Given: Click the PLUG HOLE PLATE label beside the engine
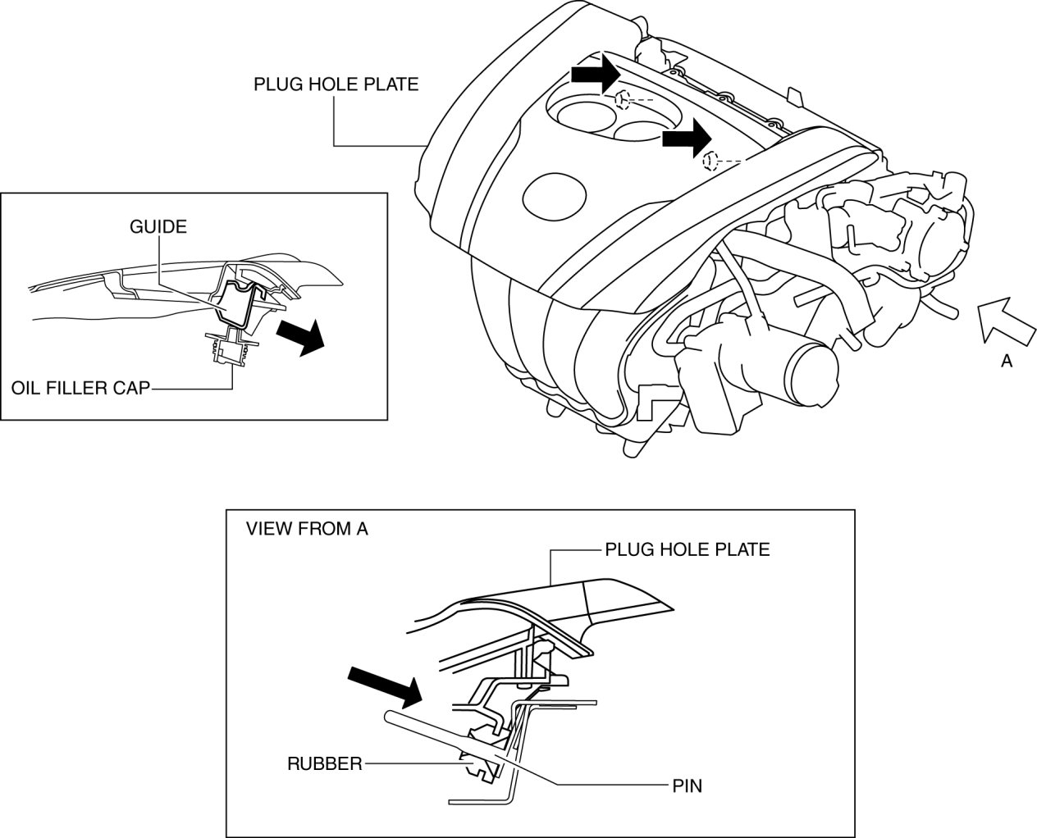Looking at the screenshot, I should pos(336,84).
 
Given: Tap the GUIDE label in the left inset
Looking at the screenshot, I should pos(158,226).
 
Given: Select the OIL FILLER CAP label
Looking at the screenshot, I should pos(80,387).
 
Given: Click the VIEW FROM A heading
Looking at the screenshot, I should pos(307,529).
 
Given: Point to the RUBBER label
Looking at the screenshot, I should pos(324,763).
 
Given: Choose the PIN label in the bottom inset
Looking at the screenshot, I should pos(687,786).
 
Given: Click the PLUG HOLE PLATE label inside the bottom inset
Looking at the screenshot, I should pos(687,549).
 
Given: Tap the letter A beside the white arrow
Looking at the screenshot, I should pos(1007,361).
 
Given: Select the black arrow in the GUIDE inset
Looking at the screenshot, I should pos(299,337).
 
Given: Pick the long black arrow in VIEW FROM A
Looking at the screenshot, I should pos(384,685).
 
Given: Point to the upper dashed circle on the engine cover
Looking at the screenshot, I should pos(623,101).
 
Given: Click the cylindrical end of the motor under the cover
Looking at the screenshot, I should pos(813,374).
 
